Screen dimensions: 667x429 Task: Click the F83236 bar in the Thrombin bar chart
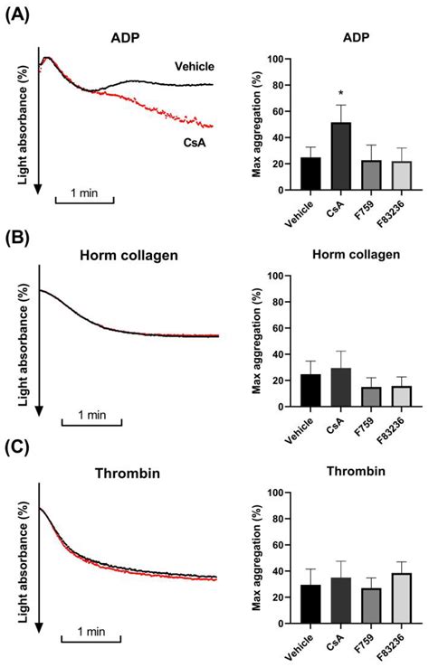(x=401, y=597)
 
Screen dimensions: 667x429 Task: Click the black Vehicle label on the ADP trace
(x=195, y=65)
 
